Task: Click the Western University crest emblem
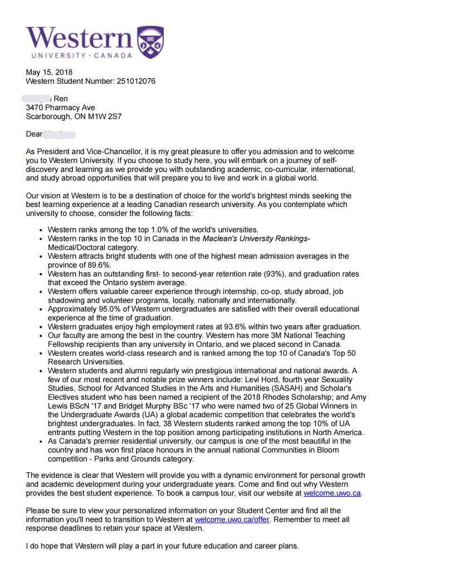(x=150, y=42)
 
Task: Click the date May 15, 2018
(x=49, y=72)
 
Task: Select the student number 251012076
(x=136, y=81)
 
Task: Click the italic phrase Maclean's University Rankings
(x=255, y=239)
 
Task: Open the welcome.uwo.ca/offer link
(x=232, y=519)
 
